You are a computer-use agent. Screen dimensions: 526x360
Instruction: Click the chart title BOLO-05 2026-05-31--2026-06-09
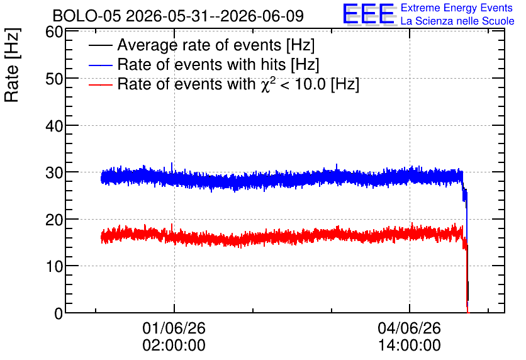178,16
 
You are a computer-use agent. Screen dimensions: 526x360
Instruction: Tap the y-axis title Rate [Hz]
12,65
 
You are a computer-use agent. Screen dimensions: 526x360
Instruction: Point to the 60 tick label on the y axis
54,32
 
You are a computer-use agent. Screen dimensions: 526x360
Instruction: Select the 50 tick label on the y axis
54,79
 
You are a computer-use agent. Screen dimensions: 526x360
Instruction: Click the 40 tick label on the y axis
54,126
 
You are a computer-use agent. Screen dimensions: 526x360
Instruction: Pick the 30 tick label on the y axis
54,173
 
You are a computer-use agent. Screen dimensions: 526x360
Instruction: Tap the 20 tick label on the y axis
54,220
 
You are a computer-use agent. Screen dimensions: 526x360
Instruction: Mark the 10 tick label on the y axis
54,266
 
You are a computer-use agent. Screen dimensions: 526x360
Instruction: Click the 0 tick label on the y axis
59,313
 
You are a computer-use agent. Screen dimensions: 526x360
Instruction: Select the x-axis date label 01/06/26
174,328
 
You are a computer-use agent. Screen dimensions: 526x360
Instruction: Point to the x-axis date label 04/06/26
409,328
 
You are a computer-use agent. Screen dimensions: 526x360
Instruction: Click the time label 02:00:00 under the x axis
174,345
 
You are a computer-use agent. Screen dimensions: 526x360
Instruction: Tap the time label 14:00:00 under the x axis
409,345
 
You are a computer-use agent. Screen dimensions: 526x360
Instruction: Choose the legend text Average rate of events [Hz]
216,45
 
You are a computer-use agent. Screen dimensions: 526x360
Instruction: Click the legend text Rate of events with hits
201,64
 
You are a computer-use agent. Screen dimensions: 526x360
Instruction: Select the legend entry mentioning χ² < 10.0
238,84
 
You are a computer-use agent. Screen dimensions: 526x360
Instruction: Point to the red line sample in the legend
100,85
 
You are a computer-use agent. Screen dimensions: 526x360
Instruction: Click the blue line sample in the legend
100,65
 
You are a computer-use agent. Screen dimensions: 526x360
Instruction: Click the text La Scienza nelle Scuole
457,21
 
